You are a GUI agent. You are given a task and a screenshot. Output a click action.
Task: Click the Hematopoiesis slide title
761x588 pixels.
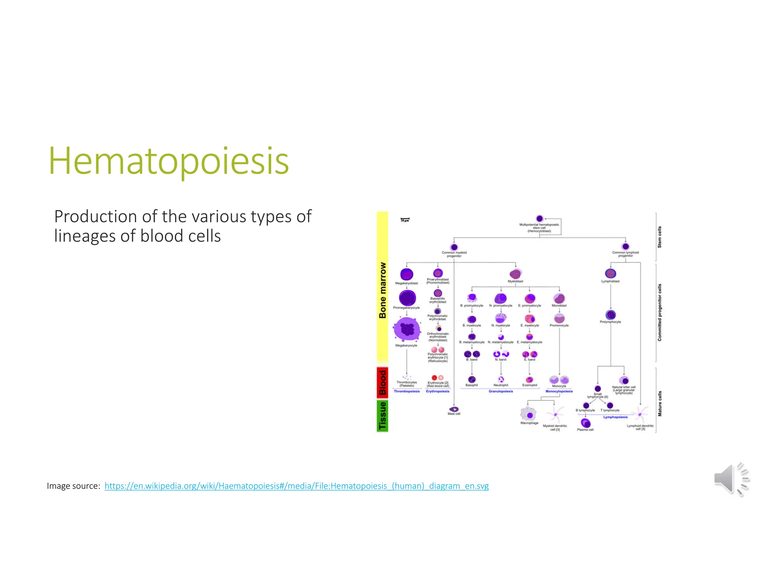169,161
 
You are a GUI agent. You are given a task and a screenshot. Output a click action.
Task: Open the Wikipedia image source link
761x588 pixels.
296,486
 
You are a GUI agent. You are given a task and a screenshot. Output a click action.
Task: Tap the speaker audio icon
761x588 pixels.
731,479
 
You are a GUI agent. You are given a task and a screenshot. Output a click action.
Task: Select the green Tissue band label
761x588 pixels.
382,416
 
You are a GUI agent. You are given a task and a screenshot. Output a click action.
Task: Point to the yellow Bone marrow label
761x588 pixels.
382,290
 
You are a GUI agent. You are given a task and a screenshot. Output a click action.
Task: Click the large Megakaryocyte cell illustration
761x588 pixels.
407,329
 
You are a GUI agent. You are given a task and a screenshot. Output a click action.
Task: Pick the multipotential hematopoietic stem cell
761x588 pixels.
540,219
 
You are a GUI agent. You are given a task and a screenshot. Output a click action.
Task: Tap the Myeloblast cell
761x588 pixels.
515,274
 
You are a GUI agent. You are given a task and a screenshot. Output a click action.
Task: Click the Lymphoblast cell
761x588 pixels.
611,274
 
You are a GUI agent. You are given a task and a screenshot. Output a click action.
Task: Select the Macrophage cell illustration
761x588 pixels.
529,414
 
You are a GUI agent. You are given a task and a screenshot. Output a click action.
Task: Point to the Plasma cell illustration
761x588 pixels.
586,423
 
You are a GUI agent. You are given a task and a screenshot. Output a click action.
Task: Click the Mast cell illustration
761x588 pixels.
454,409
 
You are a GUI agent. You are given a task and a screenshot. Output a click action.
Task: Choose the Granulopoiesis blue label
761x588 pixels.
501,391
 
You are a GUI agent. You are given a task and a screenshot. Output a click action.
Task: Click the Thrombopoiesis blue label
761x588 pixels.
407,391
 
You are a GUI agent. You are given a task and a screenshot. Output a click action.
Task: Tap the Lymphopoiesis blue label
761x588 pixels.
615,417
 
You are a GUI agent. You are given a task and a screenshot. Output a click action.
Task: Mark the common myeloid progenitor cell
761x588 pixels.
454,247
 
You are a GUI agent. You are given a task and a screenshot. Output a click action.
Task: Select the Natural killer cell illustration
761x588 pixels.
624,380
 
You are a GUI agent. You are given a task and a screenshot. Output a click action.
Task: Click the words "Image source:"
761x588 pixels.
73,486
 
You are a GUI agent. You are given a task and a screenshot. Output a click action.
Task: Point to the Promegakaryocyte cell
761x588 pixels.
407,298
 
